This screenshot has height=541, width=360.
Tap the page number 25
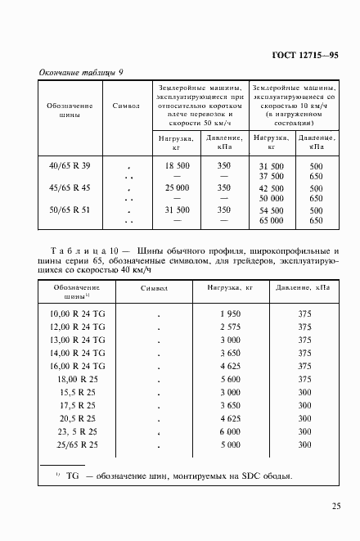pos(337,507)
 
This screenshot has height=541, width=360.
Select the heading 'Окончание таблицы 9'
pos(82,73)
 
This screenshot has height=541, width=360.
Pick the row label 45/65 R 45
pos(70,187)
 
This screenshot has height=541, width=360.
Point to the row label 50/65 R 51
pos(70,210)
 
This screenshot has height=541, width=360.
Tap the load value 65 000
pos(271,220)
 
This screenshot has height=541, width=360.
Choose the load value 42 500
pos(271,187)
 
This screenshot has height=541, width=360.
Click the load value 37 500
pos(271,176)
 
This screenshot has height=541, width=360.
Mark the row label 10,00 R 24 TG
pos(78,314)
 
